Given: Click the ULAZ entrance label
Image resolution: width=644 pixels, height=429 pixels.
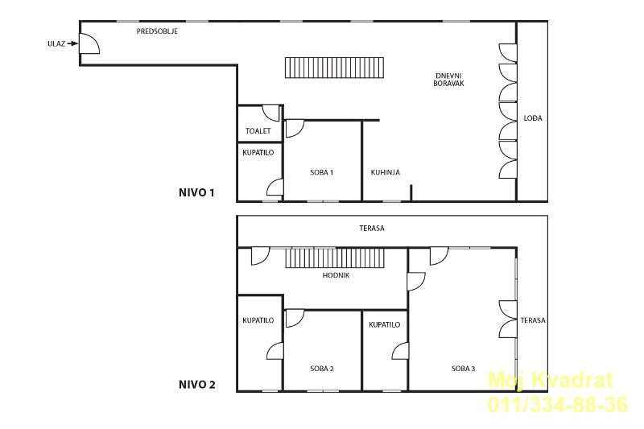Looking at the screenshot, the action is point(56,43).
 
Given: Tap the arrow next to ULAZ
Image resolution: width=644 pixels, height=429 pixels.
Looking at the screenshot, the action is point(72,43).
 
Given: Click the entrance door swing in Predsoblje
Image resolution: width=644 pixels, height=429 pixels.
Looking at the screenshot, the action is point(89,43).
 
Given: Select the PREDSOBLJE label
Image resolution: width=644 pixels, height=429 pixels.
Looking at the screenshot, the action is point(157,31).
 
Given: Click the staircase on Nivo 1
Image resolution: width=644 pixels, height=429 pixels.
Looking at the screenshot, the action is point(334,68).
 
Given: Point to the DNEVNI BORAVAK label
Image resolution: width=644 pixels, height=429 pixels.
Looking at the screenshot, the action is point(448,80).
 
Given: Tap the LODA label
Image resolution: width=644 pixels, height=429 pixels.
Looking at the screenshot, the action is point(533,118).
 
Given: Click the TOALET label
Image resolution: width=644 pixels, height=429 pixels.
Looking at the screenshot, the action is point(258,131).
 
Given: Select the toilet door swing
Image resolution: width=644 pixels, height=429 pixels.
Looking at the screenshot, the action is point(271,113).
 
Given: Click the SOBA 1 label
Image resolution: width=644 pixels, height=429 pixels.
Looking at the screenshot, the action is point(321,172).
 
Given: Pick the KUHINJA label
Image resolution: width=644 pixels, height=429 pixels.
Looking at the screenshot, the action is point(386,172).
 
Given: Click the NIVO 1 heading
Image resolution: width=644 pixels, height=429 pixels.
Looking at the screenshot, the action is point(196,192).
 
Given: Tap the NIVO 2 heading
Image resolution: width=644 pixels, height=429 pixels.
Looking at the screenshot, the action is point(196,385).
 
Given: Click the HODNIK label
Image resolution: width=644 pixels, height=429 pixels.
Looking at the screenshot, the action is point(336,275).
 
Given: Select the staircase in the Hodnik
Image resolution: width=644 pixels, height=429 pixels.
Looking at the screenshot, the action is point(334,258).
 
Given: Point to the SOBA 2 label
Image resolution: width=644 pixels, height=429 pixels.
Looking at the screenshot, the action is point(321,369).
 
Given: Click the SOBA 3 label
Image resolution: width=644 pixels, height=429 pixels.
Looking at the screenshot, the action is point(464,369).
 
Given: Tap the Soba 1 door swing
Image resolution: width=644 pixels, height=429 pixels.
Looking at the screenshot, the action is point(295,129).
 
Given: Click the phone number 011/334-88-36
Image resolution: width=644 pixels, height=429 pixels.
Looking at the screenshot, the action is point(558,404).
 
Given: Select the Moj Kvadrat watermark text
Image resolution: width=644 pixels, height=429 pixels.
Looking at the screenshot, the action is point(550,380).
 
